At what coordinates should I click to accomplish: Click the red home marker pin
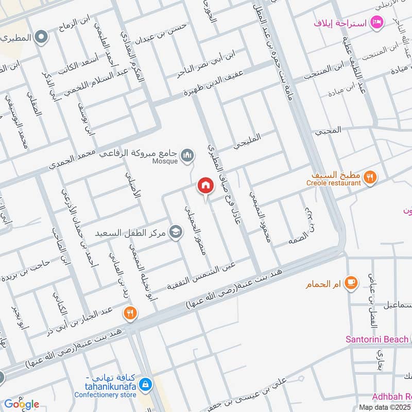tap(205, 186)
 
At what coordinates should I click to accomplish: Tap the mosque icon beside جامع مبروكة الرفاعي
tap(188, 154)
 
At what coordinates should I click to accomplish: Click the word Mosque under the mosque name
tap(165, 161)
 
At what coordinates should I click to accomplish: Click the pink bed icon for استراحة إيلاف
tap(377, 22)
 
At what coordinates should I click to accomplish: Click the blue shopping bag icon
tap(146, 384)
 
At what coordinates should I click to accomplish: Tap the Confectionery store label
tap(105, 395)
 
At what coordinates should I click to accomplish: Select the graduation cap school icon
tap(176, 232)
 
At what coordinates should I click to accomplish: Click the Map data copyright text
tap(385, 407)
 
